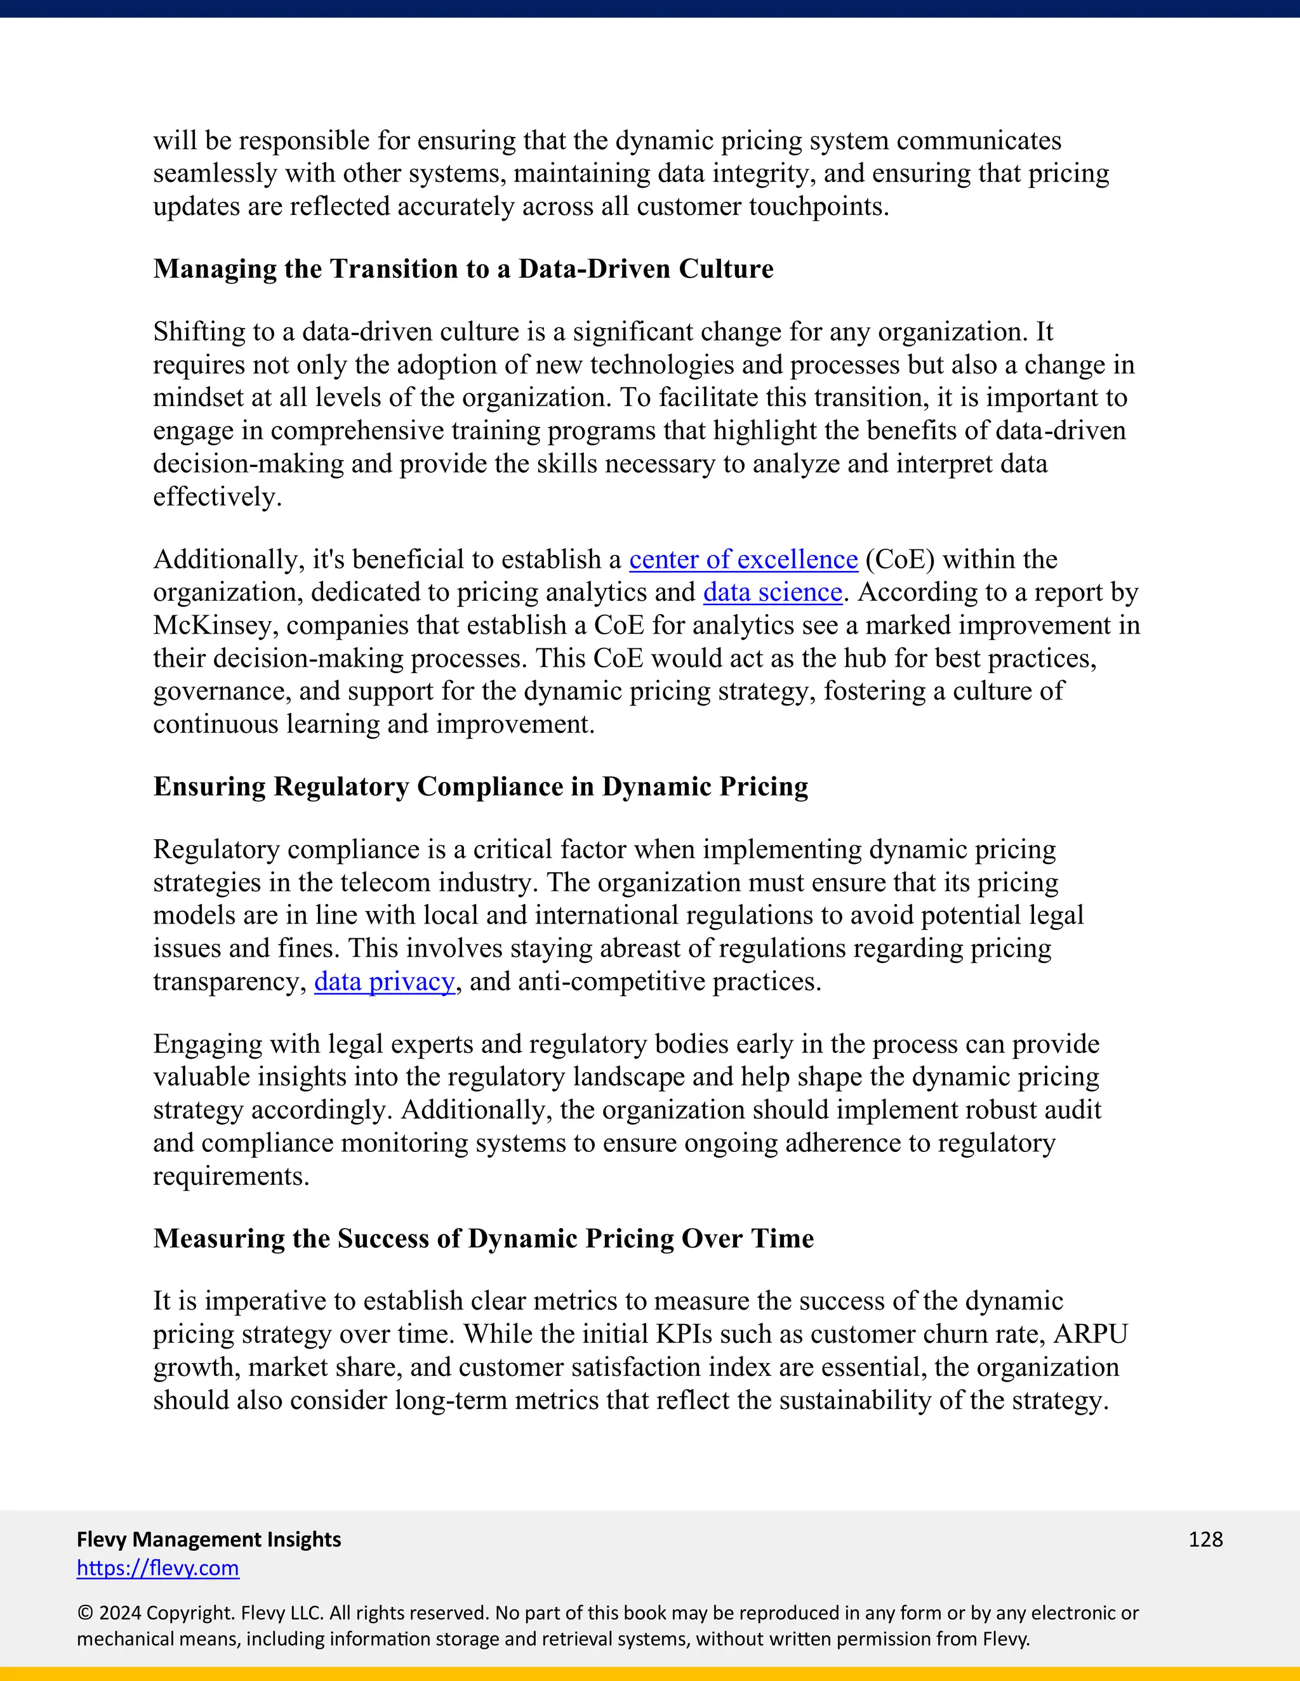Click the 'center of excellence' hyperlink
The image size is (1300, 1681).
pos(743,559)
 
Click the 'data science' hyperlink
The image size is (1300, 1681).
pos(773,592)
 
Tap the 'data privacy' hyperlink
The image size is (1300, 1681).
pos(384,982)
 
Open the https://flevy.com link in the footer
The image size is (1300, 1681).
pos(158,1568)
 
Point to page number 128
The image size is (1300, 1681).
pos(1205,1540)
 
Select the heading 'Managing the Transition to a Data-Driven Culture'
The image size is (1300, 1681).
pos(463,268)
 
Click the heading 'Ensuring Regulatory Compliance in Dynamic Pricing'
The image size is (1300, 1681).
pos(481,787)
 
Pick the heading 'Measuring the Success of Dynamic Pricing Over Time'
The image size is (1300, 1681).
pos(483,1238)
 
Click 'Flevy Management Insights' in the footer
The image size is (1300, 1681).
pos(209,1540)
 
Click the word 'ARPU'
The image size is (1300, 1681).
pos(1091,1334)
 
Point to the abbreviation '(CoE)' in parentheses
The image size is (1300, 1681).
pos(899,559)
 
